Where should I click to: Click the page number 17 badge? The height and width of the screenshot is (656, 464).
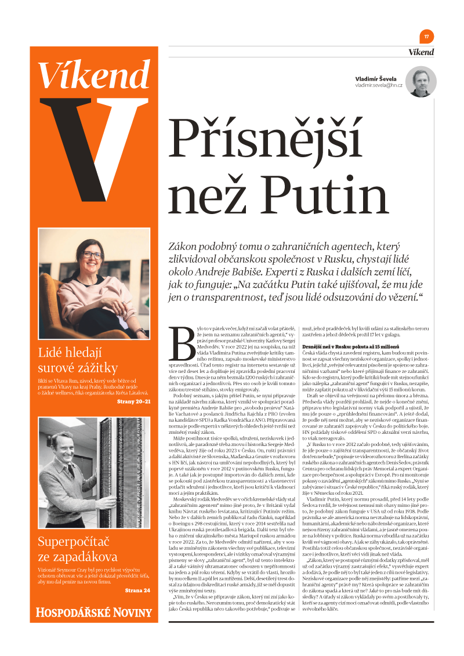[x=426, y=36]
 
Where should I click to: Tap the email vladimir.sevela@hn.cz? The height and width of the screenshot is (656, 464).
[x=379, y=85]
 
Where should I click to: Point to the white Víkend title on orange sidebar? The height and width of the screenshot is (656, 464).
[x=93, y=74]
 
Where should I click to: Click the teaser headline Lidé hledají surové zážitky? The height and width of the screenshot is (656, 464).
[x=78, y=360]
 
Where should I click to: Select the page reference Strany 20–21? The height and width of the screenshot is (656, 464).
[x=133, y=401]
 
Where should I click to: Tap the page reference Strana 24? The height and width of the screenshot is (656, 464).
[x=137, y=590]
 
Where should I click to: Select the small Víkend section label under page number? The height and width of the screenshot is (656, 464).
[x=421, y=52]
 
